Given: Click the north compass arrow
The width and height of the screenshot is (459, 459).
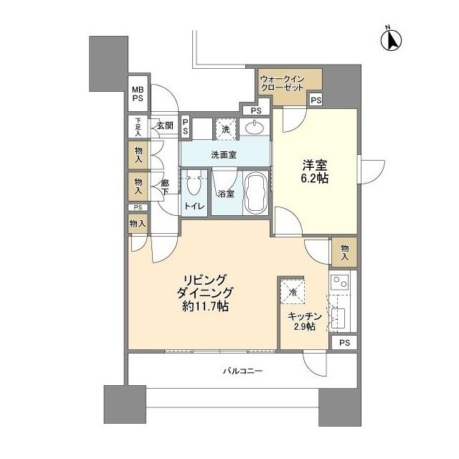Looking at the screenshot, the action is click(x=391, y=40).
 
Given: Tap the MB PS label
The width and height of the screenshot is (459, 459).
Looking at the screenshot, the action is click(x=138, y=94).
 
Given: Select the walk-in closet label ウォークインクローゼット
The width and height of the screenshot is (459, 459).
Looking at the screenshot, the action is click(x=282, y=83).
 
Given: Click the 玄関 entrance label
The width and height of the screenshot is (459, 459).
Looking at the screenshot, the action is click(x=165, y=126).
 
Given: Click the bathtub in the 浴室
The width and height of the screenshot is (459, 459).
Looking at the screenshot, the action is click(x=255, y=193).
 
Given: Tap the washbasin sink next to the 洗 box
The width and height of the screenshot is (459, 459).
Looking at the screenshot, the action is click(x=254, y=128).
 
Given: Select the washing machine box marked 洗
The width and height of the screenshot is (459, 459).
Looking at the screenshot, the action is click(x=225, y=129).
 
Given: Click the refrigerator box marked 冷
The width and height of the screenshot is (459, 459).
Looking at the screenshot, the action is click(x=293, y=291).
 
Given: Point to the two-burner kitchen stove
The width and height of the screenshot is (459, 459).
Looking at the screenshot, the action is click(x=339, y=282).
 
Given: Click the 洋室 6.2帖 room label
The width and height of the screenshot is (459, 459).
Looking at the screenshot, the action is click(x=315, y=171).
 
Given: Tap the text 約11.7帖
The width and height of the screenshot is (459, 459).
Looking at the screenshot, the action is click(x=205, y=306).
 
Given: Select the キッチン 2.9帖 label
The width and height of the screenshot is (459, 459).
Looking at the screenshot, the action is click(x=304, y=321).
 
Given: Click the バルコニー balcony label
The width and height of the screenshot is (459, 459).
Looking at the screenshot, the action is click(x=242, y=372).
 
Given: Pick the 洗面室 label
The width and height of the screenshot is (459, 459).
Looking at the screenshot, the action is click(x=224, y=155).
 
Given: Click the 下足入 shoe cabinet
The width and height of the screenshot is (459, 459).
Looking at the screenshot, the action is click(x=138, y=127).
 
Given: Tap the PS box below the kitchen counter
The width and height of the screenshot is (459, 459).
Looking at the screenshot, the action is click(x=344, y=342).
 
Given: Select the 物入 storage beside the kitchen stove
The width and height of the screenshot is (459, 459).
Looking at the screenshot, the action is click(x=344, y=252).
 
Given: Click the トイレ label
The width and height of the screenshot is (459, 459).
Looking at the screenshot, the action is click(x=194, y=206).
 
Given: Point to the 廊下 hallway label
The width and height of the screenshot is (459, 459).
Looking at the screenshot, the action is click(x=165, y=187).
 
